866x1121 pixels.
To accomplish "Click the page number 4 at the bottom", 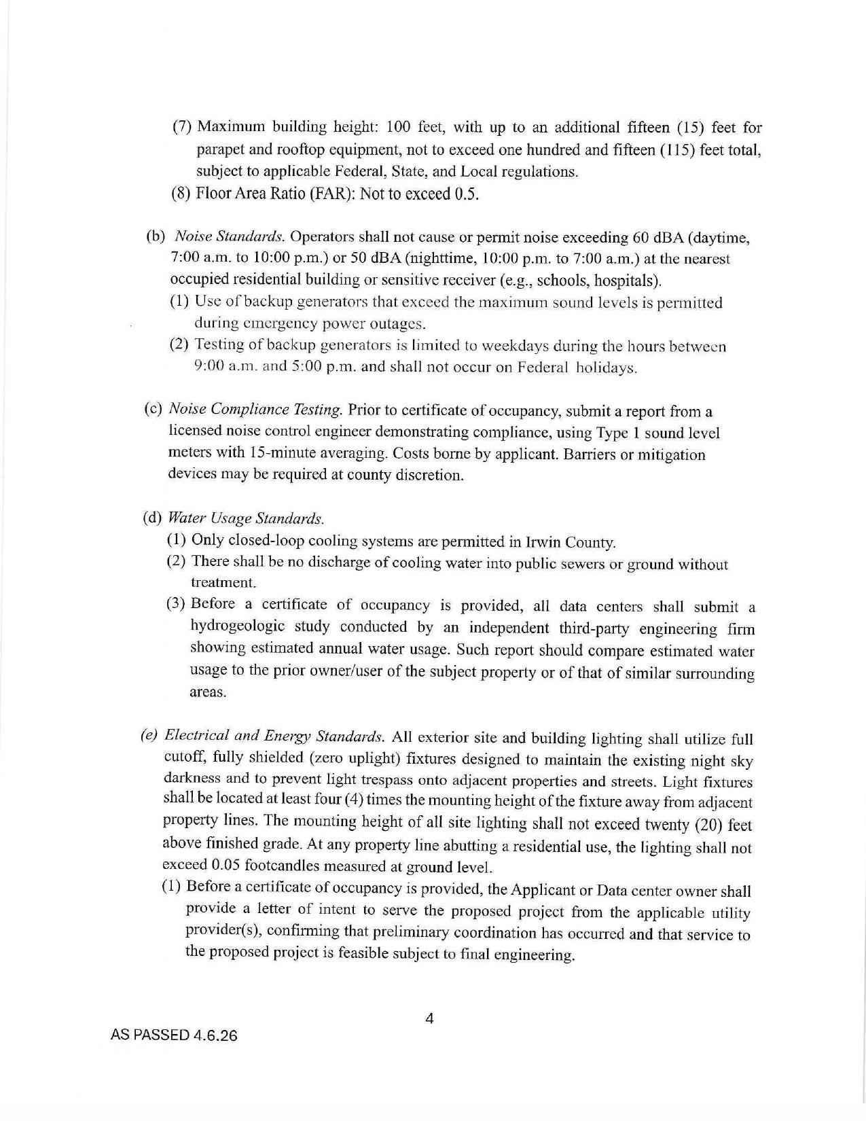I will tap(429, 1018).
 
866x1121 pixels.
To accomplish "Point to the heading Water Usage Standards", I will tap(245, 518).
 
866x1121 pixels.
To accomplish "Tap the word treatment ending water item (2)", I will tap(213, 583).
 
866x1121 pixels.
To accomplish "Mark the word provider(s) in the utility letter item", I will tap(216, 930).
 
